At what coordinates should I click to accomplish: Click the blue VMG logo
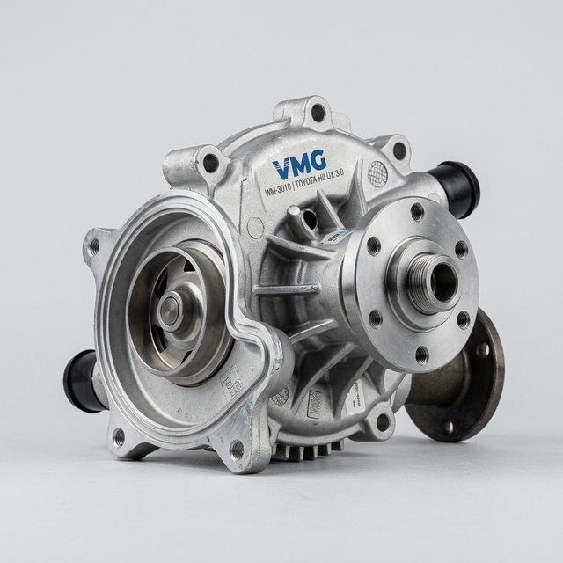(x=299, y=164)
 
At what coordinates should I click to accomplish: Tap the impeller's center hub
(x=169, y=310)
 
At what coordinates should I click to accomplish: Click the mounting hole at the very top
(x=318, y=112)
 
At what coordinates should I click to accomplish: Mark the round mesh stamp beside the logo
(x=377, y=172)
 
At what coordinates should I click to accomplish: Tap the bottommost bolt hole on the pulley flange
(x=421, y=355)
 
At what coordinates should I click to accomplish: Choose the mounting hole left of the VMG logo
(x=211, y=162)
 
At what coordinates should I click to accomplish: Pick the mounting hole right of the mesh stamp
(x=399, y=150)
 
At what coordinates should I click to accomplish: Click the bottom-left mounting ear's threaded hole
(x=118, y=436)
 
